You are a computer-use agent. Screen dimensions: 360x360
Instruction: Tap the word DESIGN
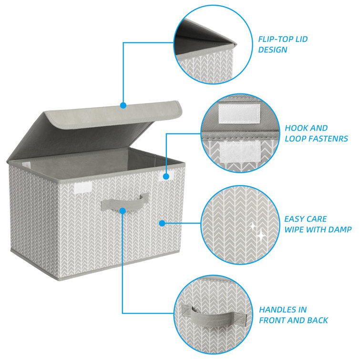(273, 49)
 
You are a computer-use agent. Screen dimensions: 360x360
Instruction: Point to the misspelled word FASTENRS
(329, 139)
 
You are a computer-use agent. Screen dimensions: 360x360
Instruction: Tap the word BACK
(317, 320)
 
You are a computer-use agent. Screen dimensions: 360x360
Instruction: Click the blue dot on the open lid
(123, 105)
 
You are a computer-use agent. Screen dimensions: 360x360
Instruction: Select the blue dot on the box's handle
(123, 210)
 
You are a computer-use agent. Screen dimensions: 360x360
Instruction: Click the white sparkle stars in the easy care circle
(258, 230)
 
